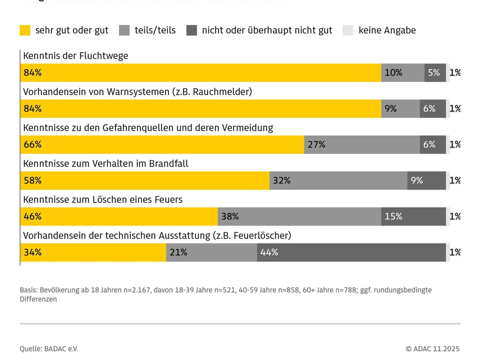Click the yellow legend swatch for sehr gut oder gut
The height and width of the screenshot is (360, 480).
(x=25, y=30)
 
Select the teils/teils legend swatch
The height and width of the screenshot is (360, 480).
(x=124, y=30)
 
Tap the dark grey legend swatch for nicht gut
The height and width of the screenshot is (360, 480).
(x=192, y=30)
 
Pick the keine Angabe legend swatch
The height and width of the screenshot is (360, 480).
(x=348, y=30)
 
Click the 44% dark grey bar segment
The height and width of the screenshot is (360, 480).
(x=351, y=252)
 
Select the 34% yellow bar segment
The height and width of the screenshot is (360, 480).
(x=93, y=252)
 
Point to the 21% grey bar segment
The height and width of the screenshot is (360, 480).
(x=211, y=252)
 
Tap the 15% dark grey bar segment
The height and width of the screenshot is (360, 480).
(x=413, y=216)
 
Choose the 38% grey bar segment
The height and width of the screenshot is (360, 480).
(x=299, y=216)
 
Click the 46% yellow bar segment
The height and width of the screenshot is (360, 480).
(x=119, y=216)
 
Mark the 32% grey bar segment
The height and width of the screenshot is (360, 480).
(x=338, y=180)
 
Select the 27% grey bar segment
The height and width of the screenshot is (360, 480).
(x=362, y=144)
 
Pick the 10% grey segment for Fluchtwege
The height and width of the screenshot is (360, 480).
(x=402, y=73)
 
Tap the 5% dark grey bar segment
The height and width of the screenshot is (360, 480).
(x=435, y=73)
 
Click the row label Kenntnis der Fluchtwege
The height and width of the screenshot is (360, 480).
(x=76, y=56)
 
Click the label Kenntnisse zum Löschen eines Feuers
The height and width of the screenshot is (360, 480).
(x=103, y=199)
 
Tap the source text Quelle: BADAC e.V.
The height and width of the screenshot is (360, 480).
(x=49, y=349)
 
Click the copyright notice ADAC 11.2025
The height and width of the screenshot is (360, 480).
(x=433, y=349)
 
